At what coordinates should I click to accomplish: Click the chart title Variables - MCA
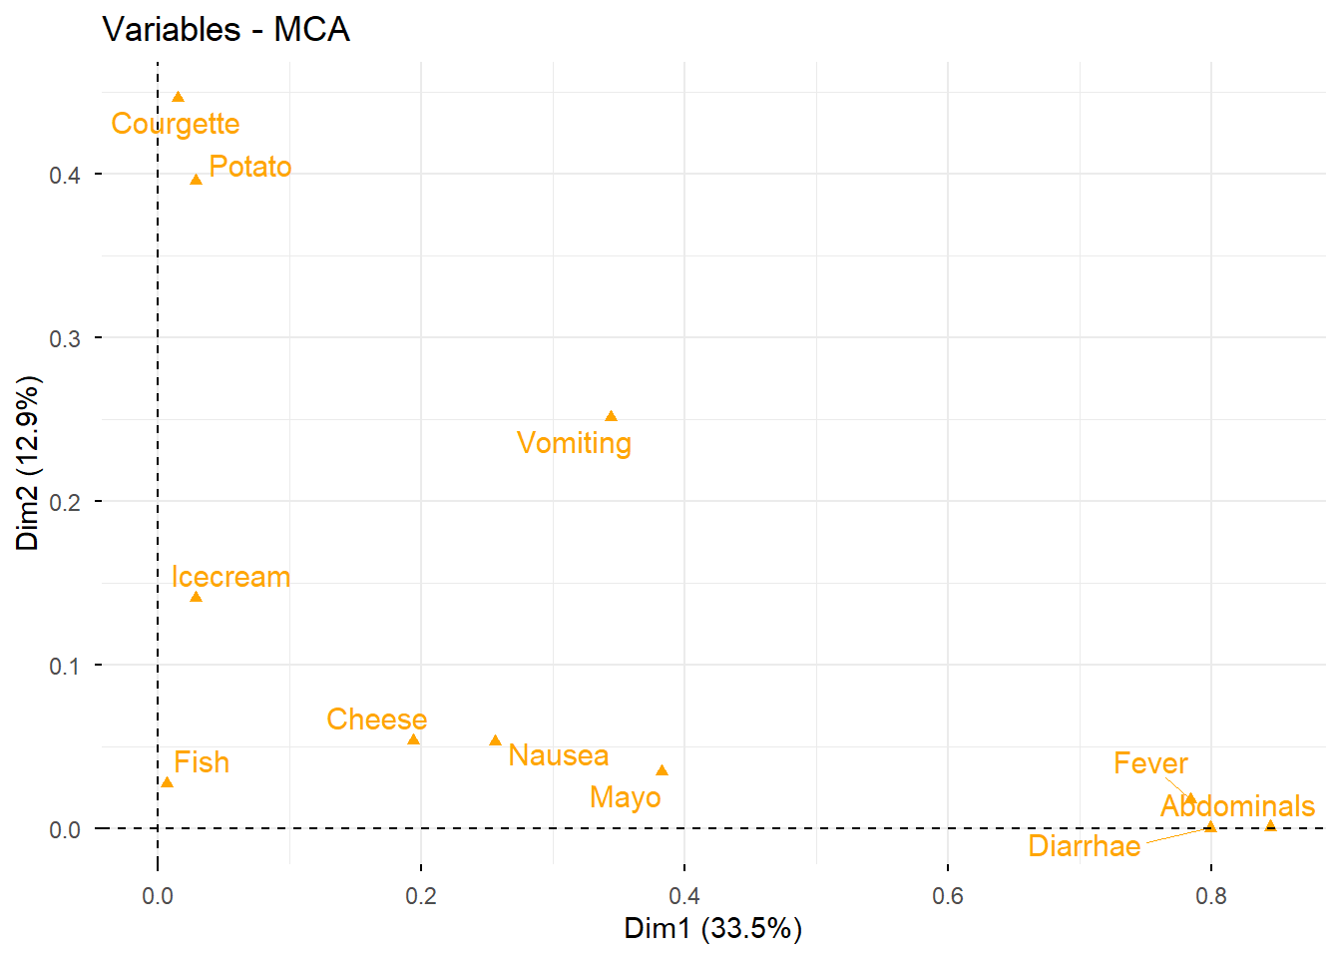[x=226, y=30]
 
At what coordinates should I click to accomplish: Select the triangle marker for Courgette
[x=178, y=97]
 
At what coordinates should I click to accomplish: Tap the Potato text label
[x=250, y=167]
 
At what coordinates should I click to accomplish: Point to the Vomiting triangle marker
[x=611, y=416]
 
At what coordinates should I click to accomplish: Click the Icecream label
[x=230, y=577]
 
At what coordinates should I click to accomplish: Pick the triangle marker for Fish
[x=167, y=782]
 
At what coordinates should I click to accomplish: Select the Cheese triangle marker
[x=413, y=739]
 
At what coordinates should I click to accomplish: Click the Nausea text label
[x=559, y=755]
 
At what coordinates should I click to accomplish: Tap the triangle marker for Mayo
[x=662, y=770]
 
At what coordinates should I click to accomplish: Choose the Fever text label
[x=1150, y=763]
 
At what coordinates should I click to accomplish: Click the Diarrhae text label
[x=1085, y=846]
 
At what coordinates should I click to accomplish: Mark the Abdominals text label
[x=1237, y=806]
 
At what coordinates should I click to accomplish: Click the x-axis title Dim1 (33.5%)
[x=712, y=928]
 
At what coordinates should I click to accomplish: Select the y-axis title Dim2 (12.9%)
[x=28, y=463]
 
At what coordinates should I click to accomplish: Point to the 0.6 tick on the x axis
[x=948, y=895]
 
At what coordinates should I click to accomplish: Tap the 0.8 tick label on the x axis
[x=1211, y=895]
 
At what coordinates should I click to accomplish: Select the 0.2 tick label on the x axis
[x=421, y=895]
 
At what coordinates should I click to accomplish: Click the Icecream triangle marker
[x=196, y=597]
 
